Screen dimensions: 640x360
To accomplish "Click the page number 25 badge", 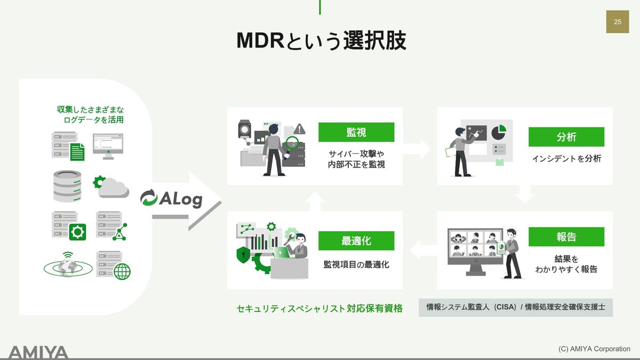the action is pos(618,22).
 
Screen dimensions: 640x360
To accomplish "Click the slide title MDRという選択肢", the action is pos(321,41).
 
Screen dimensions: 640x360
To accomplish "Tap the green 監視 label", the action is pos(356,132).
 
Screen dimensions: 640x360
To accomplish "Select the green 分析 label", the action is pos(566,137).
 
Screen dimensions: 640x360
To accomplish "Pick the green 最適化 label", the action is pos(356,241).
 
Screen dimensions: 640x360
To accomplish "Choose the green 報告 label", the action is pos(566,237).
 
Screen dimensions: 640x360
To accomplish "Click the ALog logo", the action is pos(171,198).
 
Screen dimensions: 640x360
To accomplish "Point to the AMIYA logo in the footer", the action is pos(38,353).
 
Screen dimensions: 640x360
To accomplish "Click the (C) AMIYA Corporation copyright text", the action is pos(594,349).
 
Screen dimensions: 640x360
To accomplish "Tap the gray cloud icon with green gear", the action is pos(111,187).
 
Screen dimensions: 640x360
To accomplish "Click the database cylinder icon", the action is pos(67,186).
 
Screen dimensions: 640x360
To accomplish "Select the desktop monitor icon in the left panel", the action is pos(108,146).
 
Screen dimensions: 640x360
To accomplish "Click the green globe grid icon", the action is pos(122,271).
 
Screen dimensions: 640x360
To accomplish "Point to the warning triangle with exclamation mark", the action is pos(299,129).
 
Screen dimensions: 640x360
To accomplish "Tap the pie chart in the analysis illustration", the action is pos(499,132).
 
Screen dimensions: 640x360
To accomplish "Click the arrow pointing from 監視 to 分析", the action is pos(417,149).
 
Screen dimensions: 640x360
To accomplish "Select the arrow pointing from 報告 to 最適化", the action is pos(423,250).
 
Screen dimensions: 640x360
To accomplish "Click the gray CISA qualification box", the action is pos(516,307).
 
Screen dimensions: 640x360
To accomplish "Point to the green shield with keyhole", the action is pos(243,255).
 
